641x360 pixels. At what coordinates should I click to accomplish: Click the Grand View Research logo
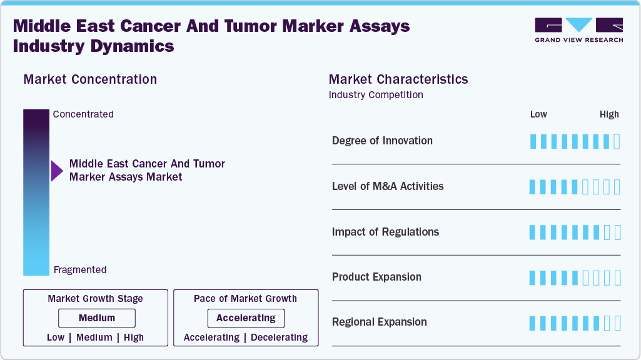point(578,30)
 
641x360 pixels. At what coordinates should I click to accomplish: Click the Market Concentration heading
point(90,79)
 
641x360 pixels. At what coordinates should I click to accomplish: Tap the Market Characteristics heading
point(398,79)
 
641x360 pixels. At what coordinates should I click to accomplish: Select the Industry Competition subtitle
point(376,95)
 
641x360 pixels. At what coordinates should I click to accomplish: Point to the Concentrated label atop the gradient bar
point(83,114)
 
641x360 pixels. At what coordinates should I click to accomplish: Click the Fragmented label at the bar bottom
point(80,270)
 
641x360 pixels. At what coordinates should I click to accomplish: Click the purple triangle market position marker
point(57,171)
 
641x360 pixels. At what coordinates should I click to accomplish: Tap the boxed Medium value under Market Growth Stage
point(97,318)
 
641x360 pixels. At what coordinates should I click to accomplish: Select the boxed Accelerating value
point(246,318)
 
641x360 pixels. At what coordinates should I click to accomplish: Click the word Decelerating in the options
point(279,337)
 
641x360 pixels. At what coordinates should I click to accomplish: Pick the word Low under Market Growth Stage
point(56,337)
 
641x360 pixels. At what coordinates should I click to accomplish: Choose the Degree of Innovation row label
point(382,141)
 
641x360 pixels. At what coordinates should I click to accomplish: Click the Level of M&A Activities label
point(388,186)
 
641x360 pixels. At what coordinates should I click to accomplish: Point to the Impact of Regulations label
point(385,232)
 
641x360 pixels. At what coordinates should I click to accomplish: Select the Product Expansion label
point(376,277)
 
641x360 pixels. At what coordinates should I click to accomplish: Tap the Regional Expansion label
point(380,322)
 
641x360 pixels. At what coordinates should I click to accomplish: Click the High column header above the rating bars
point(609,114)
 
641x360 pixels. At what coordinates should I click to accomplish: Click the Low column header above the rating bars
point(538,114)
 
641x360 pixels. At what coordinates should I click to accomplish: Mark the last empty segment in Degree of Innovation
point(617,141)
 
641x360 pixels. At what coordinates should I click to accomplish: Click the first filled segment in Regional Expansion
point(533,323)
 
